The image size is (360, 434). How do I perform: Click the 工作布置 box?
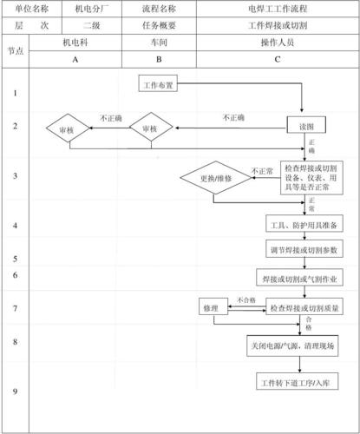(158, 84)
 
